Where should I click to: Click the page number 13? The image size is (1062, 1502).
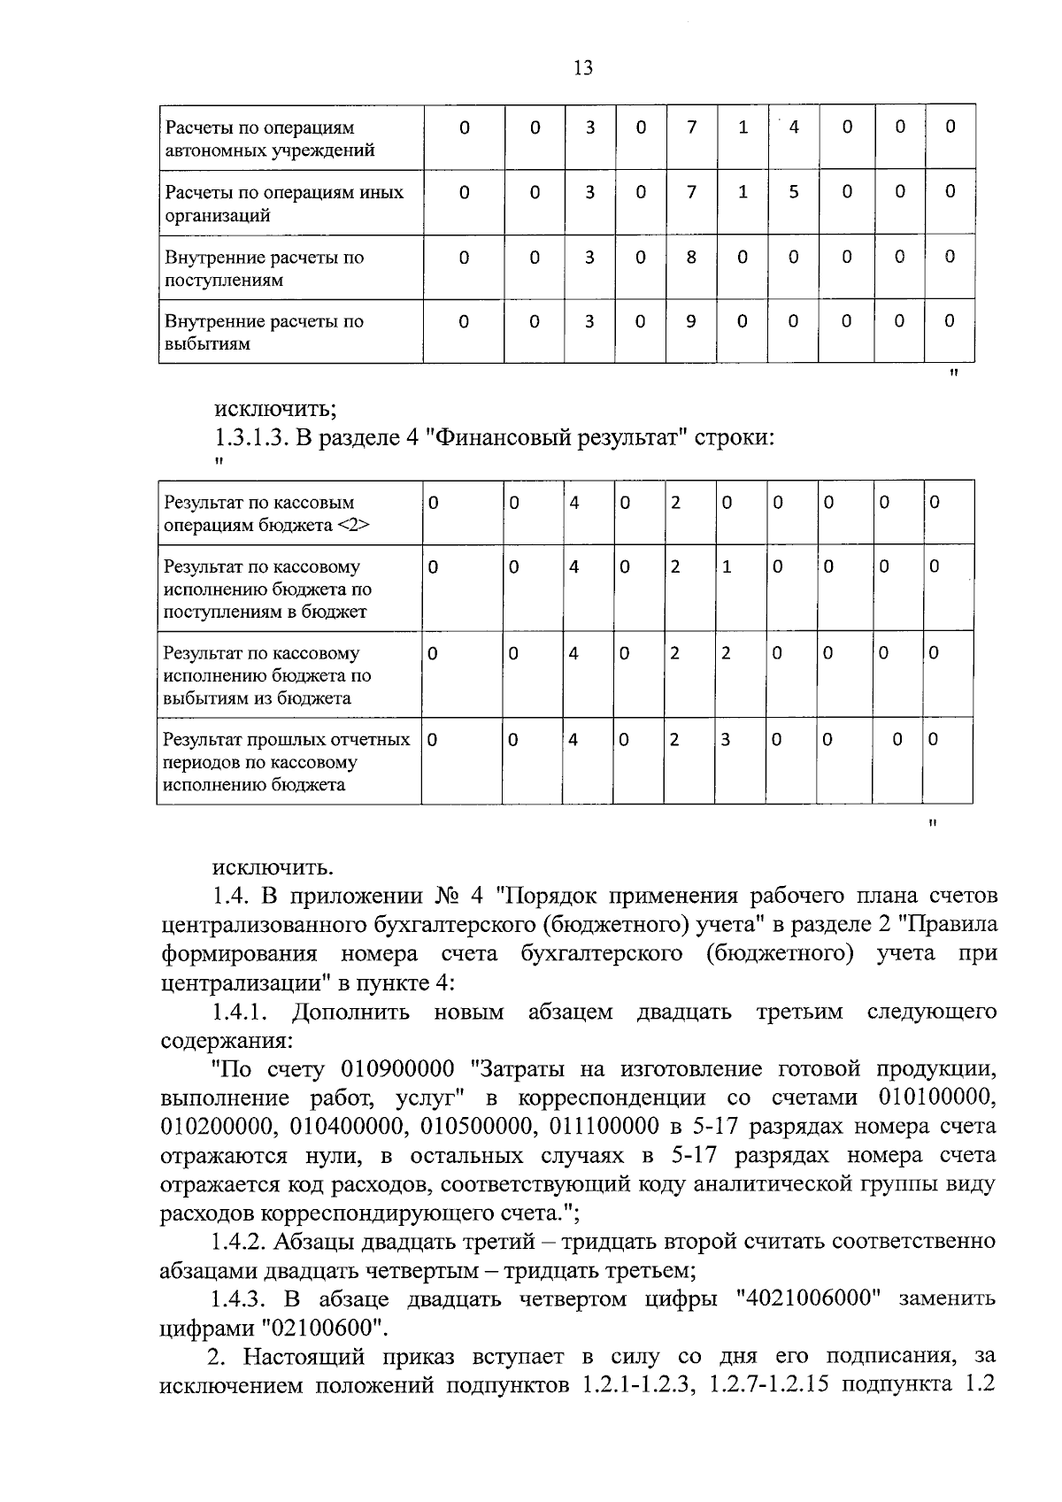coord(583,68)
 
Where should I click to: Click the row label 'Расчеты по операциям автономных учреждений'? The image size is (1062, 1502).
coord(270,138)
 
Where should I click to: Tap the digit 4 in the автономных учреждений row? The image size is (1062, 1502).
coord(794,127)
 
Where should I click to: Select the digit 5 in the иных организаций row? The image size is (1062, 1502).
coord(794,192)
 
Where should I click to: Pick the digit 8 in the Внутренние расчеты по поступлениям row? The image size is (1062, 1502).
coord(691,257)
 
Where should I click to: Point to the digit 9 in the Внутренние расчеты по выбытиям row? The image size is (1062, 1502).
coord(691,321)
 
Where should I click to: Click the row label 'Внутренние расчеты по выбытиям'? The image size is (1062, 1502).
coord(264,332)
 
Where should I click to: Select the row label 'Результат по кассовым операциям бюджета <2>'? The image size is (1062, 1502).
coord(266,513)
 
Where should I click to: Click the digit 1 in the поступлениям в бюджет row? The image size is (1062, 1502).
coord(727,567)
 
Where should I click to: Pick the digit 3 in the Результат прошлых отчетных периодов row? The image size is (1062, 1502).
coord(725,740)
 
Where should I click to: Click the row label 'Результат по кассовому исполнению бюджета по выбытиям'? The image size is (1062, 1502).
coord(267,675)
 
